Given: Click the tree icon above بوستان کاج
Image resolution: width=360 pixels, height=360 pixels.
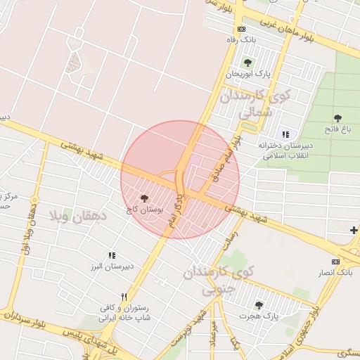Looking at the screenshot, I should (145, 199).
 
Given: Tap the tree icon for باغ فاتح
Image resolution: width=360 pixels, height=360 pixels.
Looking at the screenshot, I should (337, 118).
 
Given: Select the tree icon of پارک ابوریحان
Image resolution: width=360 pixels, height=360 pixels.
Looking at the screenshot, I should (247, 63).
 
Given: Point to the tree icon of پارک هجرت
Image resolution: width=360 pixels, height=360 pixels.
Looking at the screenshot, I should (259, 305).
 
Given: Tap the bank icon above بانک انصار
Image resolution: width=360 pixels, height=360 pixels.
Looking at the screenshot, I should (335, 262).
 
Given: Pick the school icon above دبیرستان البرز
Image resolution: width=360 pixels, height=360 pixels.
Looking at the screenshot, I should (111, 256).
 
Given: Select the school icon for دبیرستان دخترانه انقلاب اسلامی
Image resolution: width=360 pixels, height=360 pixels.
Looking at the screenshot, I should (285, 134).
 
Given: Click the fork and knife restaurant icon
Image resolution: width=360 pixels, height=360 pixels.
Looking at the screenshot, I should (124, 297).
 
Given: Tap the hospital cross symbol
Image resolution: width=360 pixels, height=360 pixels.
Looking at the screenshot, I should (353, 229).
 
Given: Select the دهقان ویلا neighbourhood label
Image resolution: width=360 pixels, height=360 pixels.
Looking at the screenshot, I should (77, 217).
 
